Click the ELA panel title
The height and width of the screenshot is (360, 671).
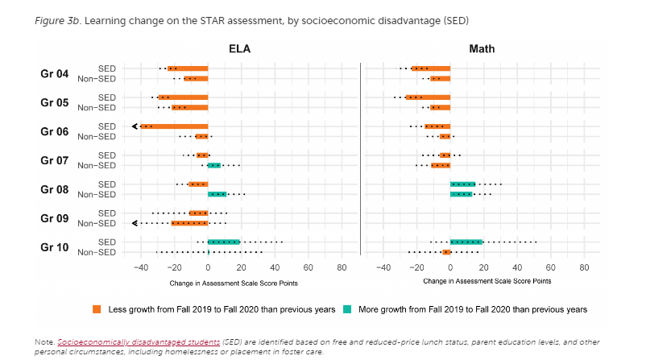pos(239,48)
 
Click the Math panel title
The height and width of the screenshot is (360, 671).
pos(482,48)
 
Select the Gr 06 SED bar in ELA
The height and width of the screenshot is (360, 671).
pos(175,126)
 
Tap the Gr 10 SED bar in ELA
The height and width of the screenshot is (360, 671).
pos(224,242)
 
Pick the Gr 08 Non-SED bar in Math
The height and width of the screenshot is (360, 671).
pos(461,194)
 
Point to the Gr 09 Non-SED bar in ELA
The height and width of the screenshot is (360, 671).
pos(189,223)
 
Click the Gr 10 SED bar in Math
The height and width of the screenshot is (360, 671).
pos(466,242)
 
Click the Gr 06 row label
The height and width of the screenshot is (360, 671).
pos(55,131)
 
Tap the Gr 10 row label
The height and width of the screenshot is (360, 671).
pos(55,247)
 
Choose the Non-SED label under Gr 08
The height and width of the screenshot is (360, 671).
pos(97,194)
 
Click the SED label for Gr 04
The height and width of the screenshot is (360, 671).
pos(106,68)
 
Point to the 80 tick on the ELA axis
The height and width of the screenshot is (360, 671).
pos(341,267)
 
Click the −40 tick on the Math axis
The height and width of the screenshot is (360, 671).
pos(383,267)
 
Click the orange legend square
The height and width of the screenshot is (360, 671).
pos(97,308)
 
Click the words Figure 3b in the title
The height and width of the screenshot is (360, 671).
pos(55,19)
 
